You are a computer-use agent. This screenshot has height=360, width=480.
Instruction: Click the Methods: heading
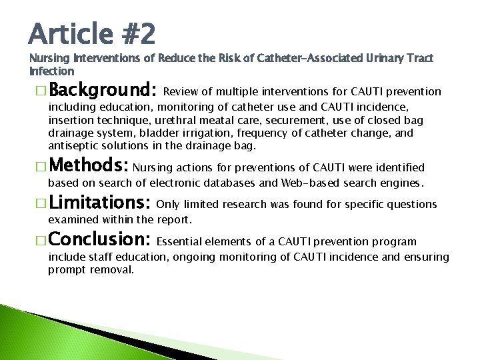pyautogui.click(x=95, y=166)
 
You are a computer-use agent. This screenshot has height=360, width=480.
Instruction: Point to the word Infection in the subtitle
pyautogui.click(x=52, y=70)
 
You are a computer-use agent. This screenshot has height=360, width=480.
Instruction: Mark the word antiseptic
pyautogui.click(x=73, y=145)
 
